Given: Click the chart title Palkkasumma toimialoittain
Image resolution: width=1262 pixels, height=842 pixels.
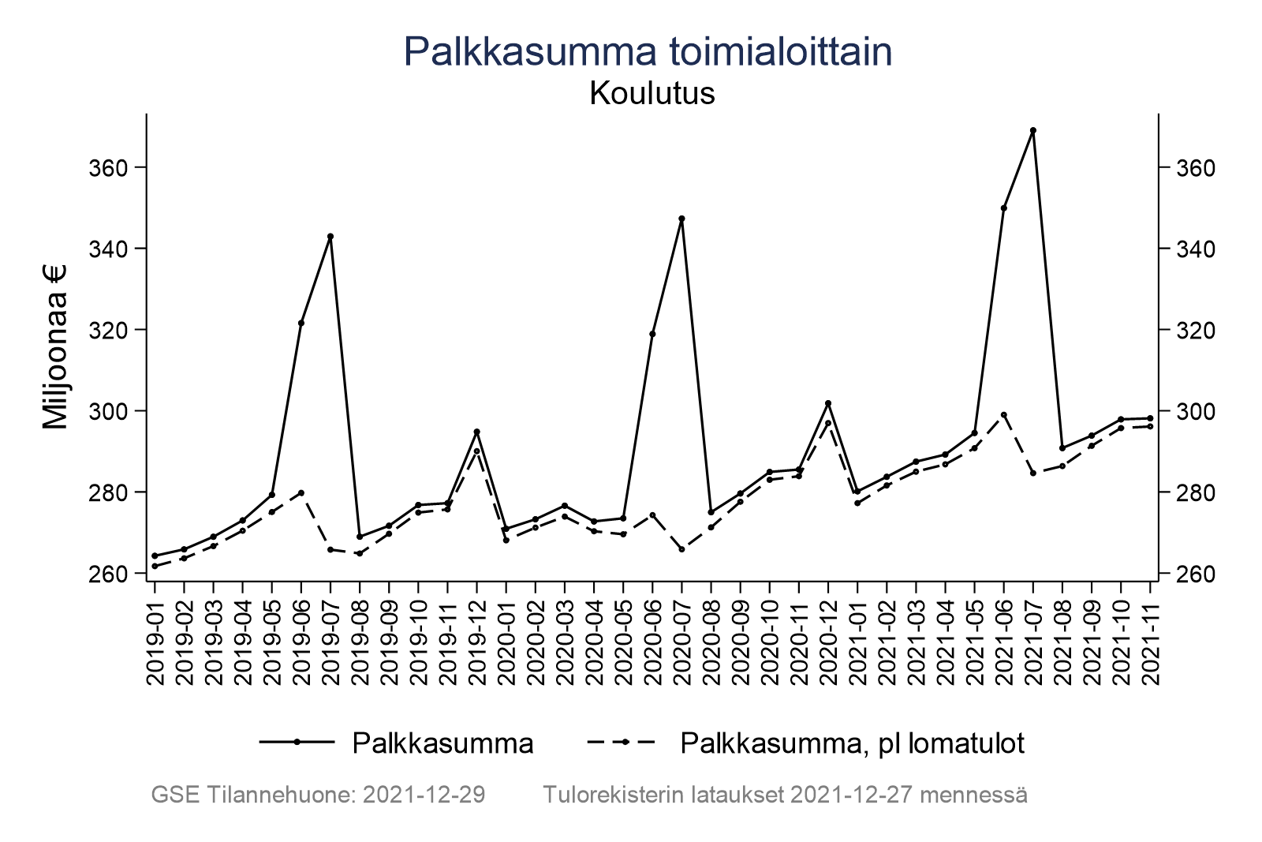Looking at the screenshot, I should [648, 52].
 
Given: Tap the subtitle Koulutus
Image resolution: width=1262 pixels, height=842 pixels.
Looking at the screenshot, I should [652, 94].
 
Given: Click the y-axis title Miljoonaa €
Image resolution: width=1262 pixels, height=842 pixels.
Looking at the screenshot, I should [55, 347].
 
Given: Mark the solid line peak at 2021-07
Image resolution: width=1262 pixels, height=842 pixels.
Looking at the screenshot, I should [1032, 130].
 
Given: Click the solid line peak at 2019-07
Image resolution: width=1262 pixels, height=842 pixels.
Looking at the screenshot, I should [330, 236].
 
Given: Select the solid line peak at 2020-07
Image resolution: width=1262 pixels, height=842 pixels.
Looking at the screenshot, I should [681, 219].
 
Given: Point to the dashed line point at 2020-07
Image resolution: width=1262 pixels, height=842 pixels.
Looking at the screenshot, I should [681, 549].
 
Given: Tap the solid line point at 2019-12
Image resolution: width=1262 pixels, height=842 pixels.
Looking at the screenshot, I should [476, 432].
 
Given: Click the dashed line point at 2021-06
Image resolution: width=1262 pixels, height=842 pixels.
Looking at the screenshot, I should [1003, 414].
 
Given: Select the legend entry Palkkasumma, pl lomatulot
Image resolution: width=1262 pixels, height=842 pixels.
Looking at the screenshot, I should [852, 743].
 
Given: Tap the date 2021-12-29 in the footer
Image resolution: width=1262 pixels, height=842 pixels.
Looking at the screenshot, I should [424, 795].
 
